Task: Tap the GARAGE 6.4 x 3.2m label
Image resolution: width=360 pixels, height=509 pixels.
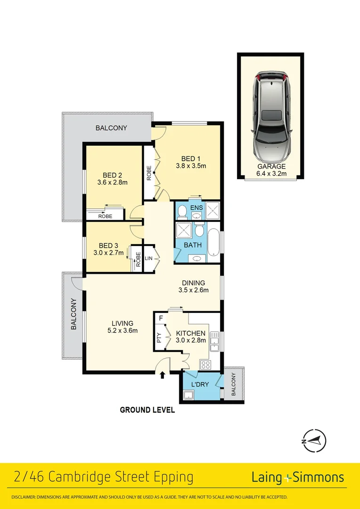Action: point(271,170)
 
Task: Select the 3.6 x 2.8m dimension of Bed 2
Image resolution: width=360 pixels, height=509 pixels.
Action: point(112,182)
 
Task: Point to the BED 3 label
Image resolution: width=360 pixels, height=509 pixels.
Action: point(108,246)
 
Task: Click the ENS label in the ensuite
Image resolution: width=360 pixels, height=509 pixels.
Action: point(196,207)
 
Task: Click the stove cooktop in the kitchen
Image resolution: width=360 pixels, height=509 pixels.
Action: point(206,364)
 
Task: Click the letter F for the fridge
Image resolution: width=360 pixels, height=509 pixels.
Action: point(161,318)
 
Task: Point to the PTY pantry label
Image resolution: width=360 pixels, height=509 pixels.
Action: point(159,338)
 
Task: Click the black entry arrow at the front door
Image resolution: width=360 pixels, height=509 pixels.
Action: point(163,375)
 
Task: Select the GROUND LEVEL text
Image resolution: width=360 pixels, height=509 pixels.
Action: point(147,410)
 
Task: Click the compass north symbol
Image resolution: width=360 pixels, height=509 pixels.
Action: point(314,441)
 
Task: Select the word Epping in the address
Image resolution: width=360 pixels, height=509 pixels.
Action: point(174,477)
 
